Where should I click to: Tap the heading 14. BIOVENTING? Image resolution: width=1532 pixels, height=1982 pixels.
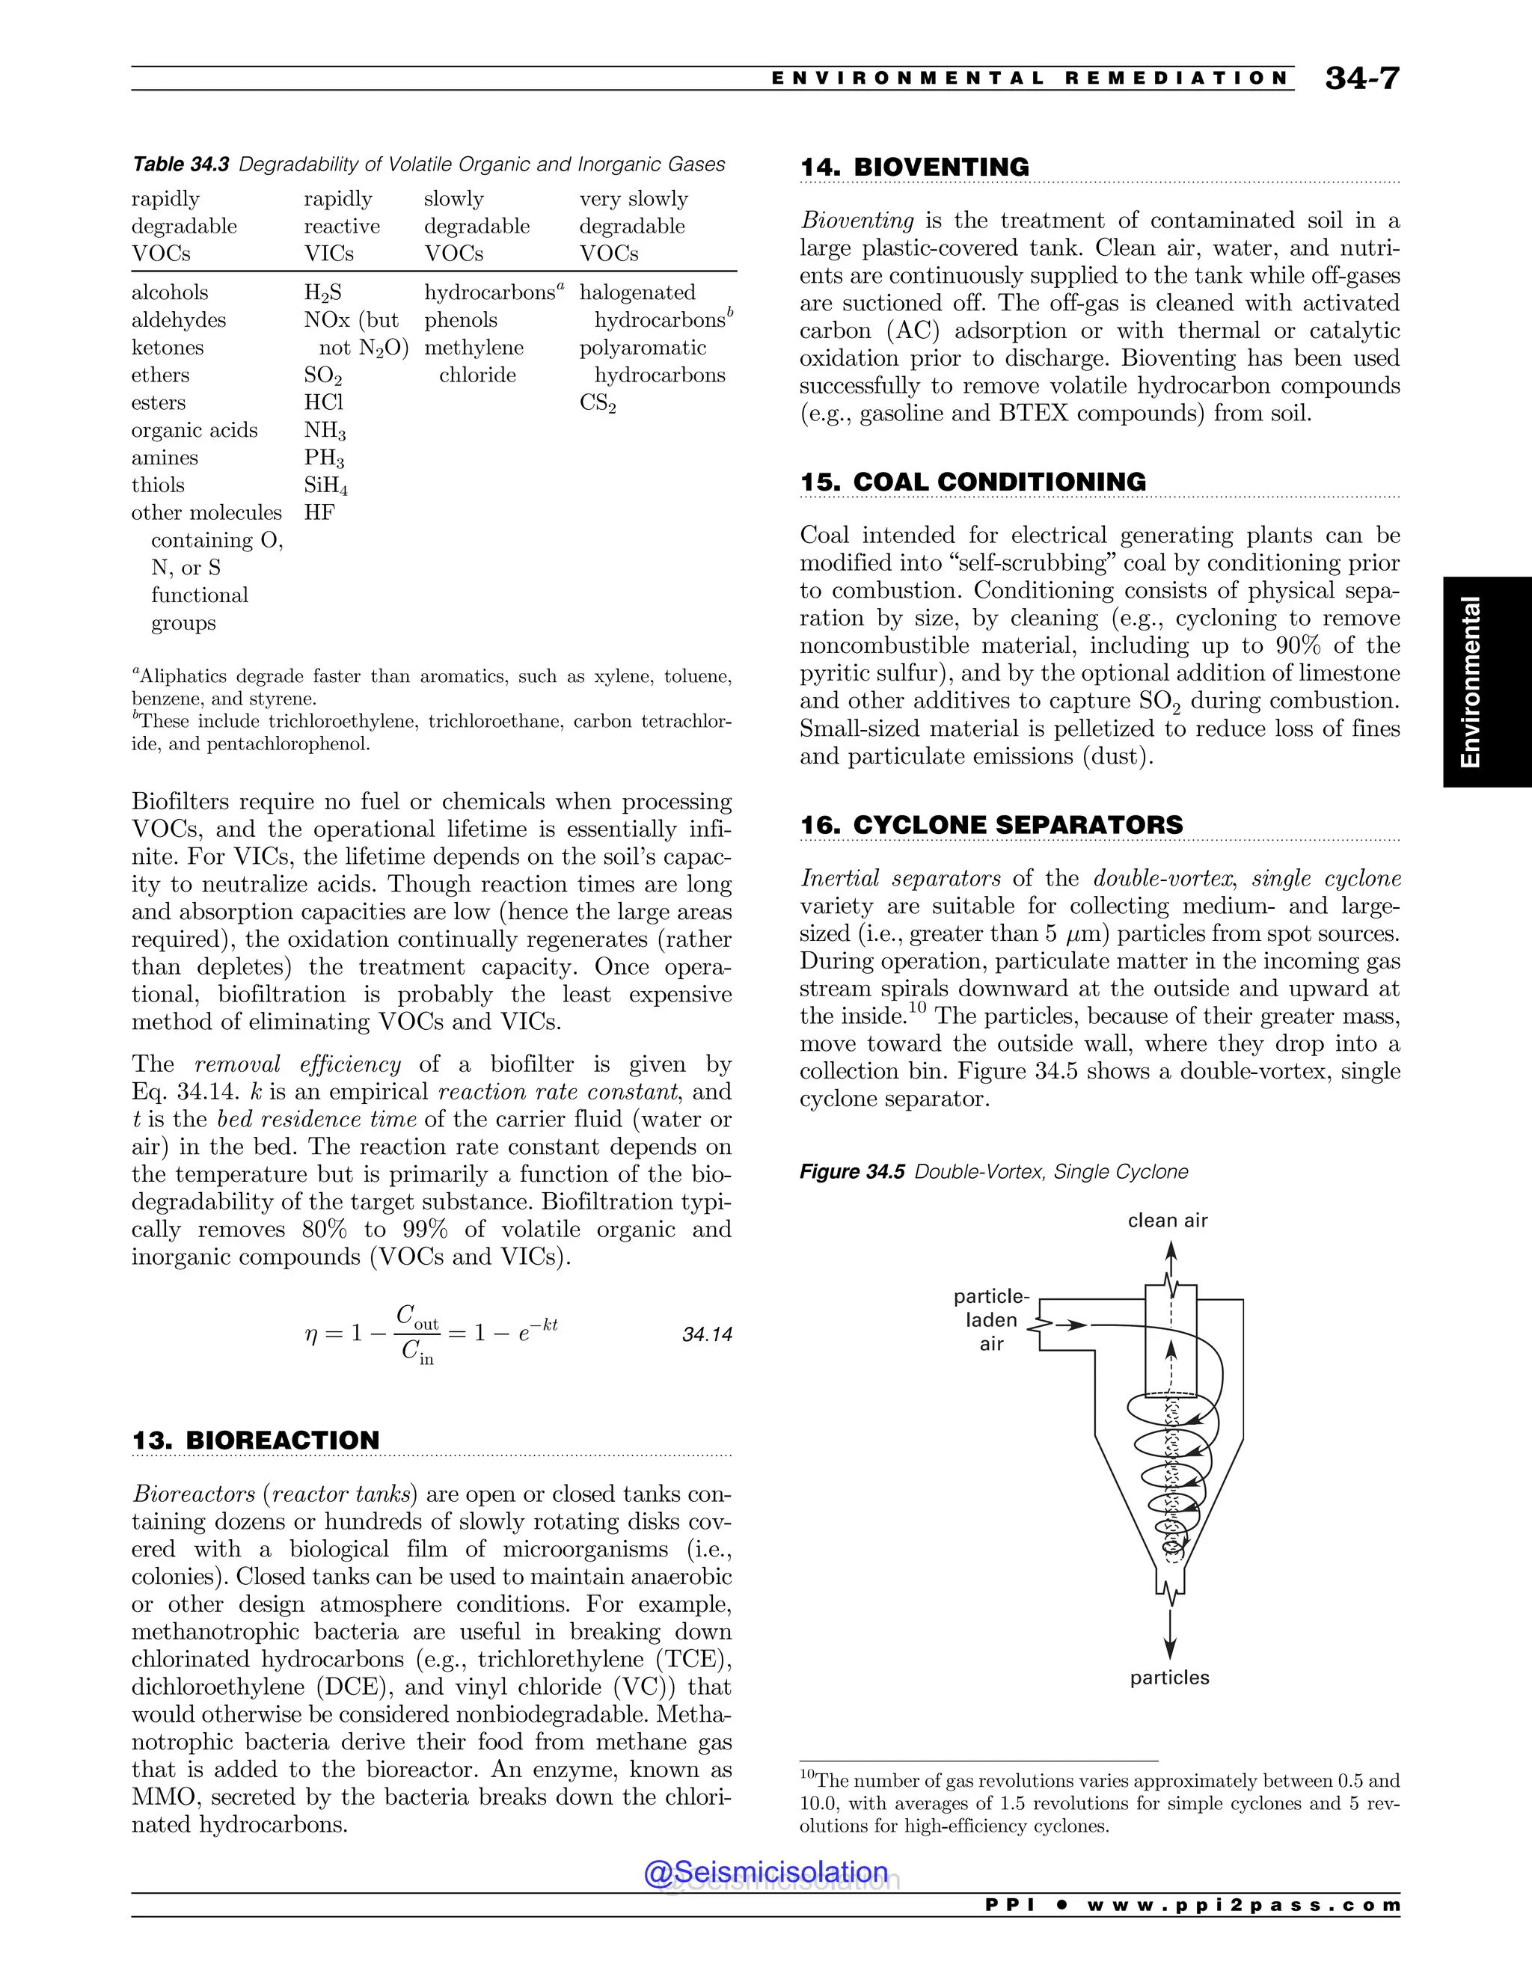tap(914, 167)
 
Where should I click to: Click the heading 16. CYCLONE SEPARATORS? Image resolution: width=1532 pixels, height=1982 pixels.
tap(991, 825)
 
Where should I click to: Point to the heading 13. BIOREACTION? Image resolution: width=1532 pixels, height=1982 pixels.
tap(255, 1441)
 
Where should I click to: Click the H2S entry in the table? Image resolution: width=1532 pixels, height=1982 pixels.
tap(322, 293)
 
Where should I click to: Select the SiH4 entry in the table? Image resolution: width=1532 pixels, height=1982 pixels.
tap(326, 486)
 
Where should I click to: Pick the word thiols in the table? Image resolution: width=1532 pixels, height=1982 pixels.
tap(158, 485)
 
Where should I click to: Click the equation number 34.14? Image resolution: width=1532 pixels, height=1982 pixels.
tap(707, 1334)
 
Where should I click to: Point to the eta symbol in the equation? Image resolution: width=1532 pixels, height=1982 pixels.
tap(311, 1334)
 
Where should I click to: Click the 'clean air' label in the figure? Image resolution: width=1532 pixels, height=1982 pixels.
tap(1167, 1221)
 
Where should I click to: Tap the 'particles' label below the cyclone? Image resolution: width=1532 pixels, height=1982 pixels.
tap(1169, 1678)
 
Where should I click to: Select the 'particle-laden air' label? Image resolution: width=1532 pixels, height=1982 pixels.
tap(991, 1320)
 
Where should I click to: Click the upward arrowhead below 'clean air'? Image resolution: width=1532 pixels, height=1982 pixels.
tap(1171, 1251)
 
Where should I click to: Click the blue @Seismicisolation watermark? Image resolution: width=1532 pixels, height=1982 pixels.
tap(766, 1872)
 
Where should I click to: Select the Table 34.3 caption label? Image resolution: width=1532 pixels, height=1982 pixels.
tap(180, 165)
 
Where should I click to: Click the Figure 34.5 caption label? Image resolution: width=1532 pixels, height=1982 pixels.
tap(851, 1171)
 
